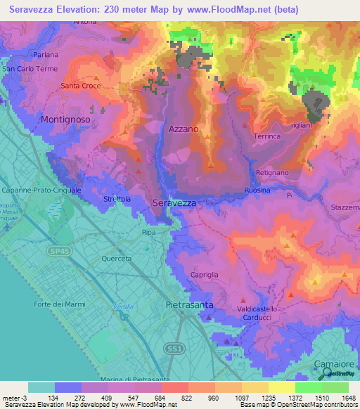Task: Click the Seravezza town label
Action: point(174,202)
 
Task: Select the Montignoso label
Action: point(70,120)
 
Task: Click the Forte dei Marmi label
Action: point(58,304)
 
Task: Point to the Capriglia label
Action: point(207,275)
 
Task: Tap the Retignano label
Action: point(272,172)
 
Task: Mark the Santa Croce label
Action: point(80,86)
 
